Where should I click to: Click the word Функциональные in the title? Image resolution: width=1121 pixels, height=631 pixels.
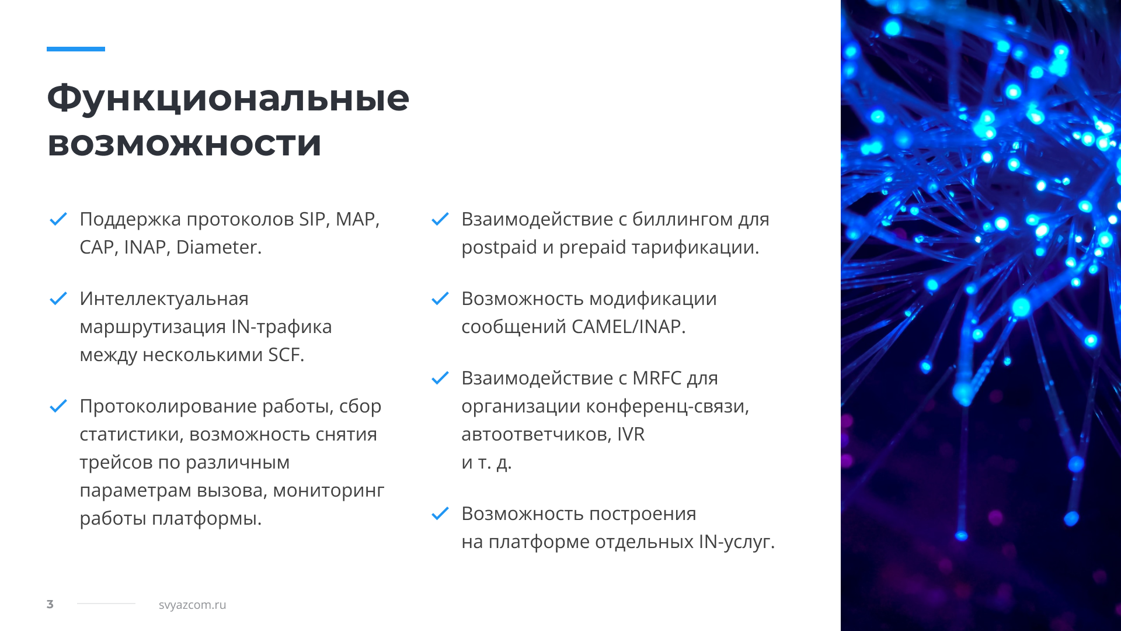pos(228,98)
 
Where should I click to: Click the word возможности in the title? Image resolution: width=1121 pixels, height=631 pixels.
pos(184,144)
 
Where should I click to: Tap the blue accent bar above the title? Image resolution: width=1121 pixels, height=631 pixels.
pos(76,49)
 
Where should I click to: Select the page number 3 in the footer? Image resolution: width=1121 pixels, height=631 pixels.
pos(50,604)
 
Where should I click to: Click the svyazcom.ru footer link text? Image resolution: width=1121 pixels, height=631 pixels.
pos(192,605)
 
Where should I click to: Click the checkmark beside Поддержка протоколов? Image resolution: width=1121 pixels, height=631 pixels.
pos(58,219)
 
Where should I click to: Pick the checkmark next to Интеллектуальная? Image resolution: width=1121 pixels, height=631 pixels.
pos(58,299)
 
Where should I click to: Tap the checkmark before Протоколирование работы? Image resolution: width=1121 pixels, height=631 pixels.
pos(58,406)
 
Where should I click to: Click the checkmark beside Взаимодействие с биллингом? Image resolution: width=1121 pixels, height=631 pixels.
pos(440,219)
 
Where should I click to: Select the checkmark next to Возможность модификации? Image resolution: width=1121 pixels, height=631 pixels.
pos(440,299)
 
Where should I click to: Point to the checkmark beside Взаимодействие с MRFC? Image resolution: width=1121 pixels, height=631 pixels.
pos(440,378)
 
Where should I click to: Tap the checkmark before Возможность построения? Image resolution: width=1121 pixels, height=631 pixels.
pos(440,514)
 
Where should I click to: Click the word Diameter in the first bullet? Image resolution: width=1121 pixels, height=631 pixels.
pos(218,247)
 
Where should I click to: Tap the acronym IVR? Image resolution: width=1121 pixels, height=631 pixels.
pos(631,434)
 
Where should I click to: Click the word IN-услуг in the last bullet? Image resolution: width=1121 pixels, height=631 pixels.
pos(737,542)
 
